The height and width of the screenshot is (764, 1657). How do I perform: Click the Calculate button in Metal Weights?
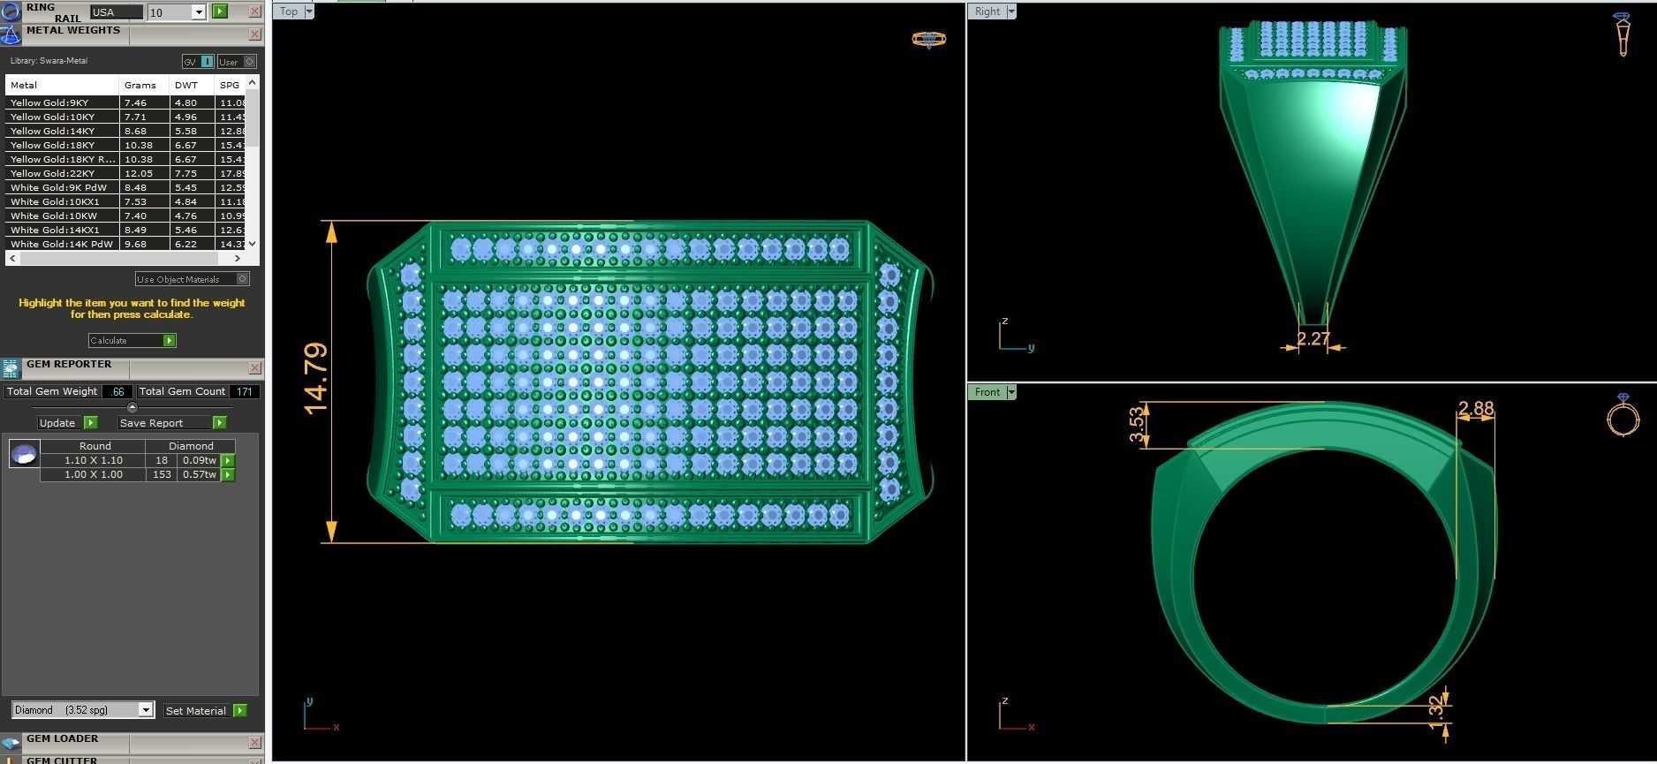pos(131,341)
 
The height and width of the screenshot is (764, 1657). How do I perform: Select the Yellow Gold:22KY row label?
pos(52,173)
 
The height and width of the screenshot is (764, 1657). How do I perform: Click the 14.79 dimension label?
pos(315,378)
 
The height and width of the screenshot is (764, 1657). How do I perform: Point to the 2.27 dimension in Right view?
pos(1313,338)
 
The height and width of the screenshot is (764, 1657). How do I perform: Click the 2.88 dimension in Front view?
pos(1475,409)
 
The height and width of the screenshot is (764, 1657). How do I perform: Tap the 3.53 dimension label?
pos(1138,425)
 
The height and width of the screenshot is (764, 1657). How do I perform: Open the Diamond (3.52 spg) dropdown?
pos(146,710)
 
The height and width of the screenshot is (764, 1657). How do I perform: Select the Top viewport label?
pos(289,11)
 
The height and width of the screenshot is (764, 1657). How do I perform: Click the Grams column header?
pos(140,86)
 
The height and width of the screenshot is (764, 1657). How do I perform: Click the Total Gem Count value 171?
pos(245,391)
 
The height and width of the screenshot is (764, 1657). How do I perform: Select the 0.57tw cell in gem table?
pos(199,474)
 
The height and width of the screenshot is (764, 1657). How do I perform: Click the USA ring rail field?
pos(116,12)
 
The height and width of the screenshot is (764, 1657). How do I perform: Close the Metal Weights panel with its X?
pos(254,34)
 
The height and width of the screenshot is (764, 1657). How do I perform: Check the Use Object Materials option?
pos(243,279)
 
